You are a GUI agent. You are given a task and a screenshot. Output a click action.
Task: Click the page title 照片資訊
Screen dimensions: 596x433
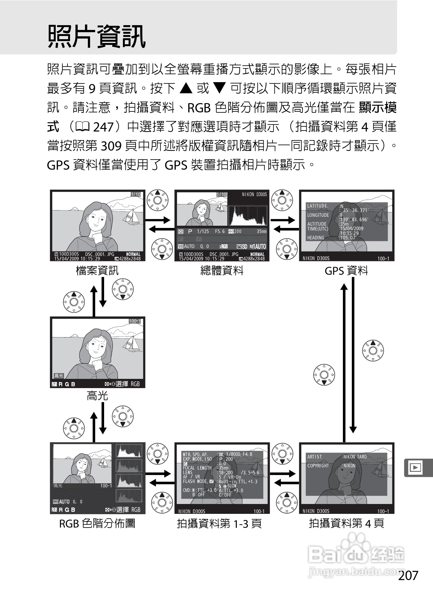pos(96,37)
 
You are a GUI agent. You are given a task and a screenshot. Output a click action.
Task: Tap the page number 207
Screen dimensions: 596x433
pos(408,575)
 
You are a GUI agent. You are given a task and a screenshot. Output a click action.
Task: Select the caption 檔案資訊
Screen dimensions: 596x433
pos(97,271)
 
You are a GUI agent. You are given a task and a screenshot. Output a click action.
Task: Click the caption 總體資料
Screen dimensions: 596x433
pos(222,271)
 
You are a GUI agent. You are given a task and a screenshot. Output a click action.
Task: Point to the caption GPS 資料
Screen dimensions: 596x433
pos(346,271)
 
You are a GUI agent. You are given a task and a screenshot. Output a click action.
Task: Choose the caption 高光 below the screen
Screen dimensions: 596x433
pos(97,396)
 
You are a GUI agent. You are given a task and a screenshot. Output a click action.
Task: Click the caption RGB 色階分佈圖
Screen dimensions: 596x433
pos(97,523)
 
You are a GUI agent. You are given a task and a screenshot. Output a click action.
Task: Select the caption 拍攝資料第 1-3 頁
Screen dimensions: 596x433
pos(219,523)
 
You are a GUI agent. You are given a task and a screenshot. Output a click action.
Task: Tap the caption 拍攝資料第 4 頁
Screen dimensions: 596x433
pos(346,523)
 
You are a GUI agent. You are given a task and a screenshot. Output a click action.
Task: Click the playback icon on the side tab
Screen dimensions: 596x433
pos(415,467)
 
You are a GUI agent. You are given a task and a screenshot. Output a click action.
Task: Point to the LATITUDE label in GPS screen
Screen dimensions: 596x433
pos(317,206)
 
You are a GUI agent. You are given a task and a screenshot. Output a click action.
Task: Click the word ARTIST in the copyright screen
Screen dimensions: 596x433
pos(315,457)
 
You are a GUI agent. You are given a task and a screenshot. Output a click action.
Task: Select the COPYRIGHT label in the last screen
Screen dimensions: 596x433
pos(318,465)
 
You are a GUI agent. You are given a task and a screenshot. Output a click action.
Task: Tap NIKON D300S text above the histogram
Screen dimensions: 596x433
pos(254,195)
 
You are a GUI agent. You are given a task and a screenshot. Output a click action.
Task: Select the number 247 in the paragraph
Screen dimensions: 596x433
pos(103,127)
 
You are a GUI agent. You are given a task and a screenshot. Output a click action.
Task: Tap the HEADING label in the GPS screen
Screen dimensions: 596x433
pos(316,238)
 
